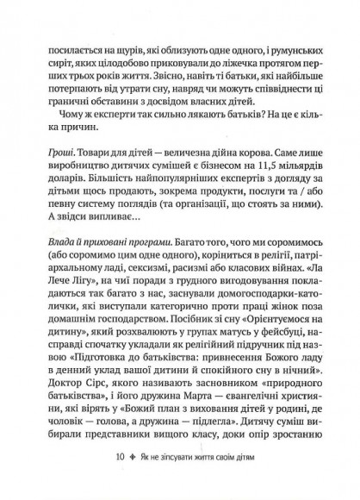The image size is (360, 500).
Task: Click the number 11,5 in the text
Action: [260, 167]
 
